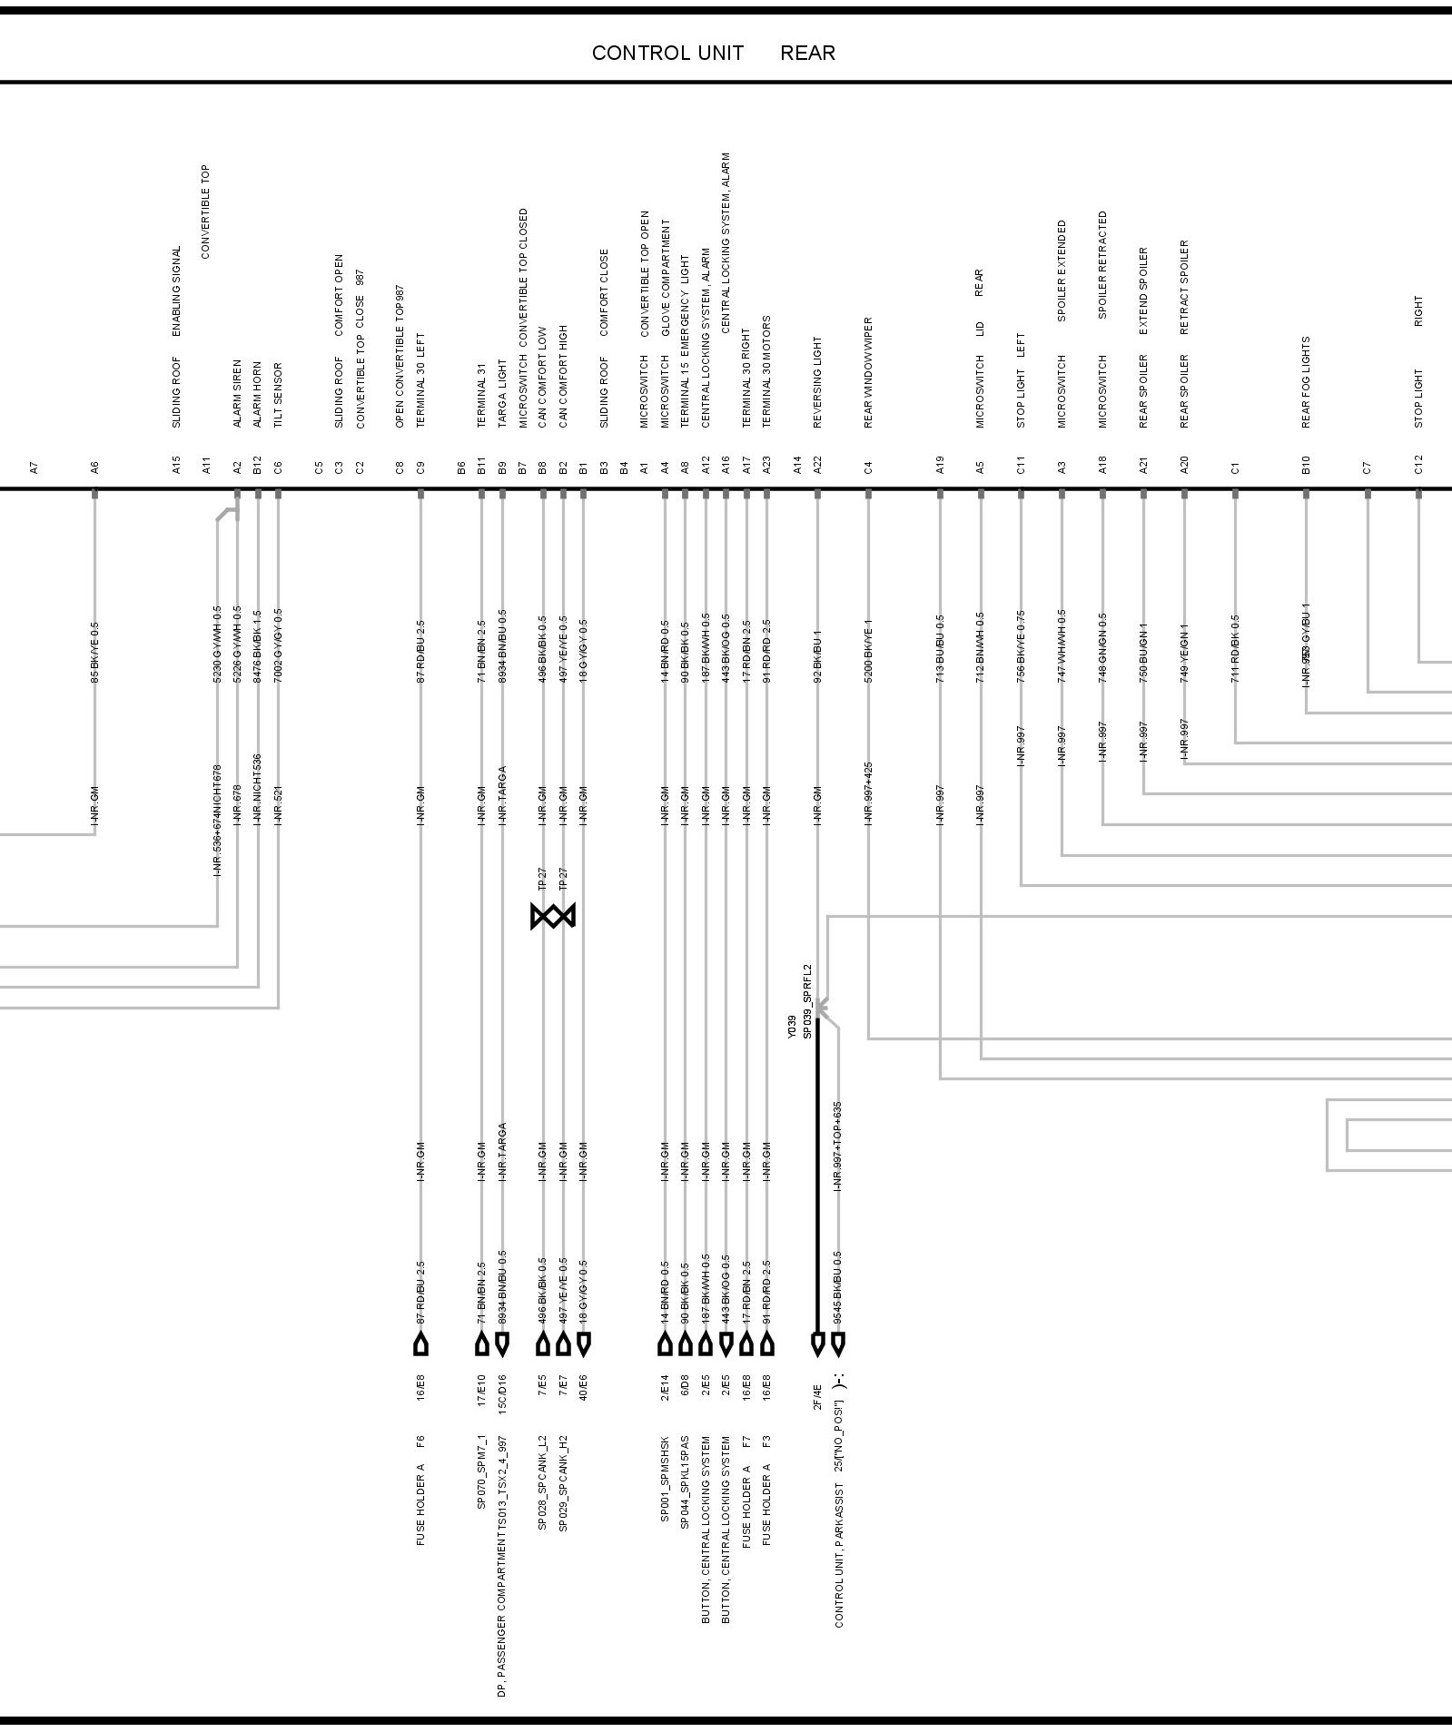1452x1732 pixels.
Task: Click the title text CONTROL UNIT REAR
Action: click(x=713, y=54)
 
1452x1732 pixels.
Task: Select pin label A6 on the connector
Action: click(x=94, y=467)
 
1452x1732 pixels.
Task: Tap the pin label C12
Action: click(x=1418, y=465)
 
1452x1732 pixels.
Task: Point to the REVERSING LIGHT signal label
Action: click(x=817, y=381)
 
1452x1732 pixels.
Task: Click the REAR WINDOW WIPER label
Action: click(x=868, y=372)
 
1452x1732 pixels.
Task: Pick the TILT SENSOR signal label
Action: click(x=279, y=395)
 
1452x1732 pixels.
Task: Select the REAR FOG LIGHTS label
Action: click(x=1306, y=382)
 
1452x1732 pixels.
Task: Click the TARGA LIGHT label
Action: click(x=502, y=394)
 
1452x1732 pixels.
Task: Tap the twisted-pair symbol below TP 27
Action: click(x=553, y=917)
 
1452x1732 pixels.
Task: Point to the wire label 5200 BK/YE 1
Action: click(x=868, y=651)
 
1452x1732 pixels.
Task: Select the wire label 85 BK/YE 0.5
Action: click(x=94, y=652)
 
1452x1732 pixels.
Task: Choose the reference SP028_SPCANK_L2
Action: click(x=542, y=1482)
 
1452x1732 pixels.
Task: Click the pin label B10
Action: click(x=1306, y=465)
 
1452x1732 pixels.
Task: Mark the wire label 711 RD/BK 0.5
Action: click(x=1235, y=649)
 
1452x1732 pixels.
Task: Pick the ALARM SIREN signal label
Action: click(x=238, y=393)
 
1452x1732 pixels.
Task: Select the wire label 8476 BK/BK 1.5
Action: click(x=258, y=646)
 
